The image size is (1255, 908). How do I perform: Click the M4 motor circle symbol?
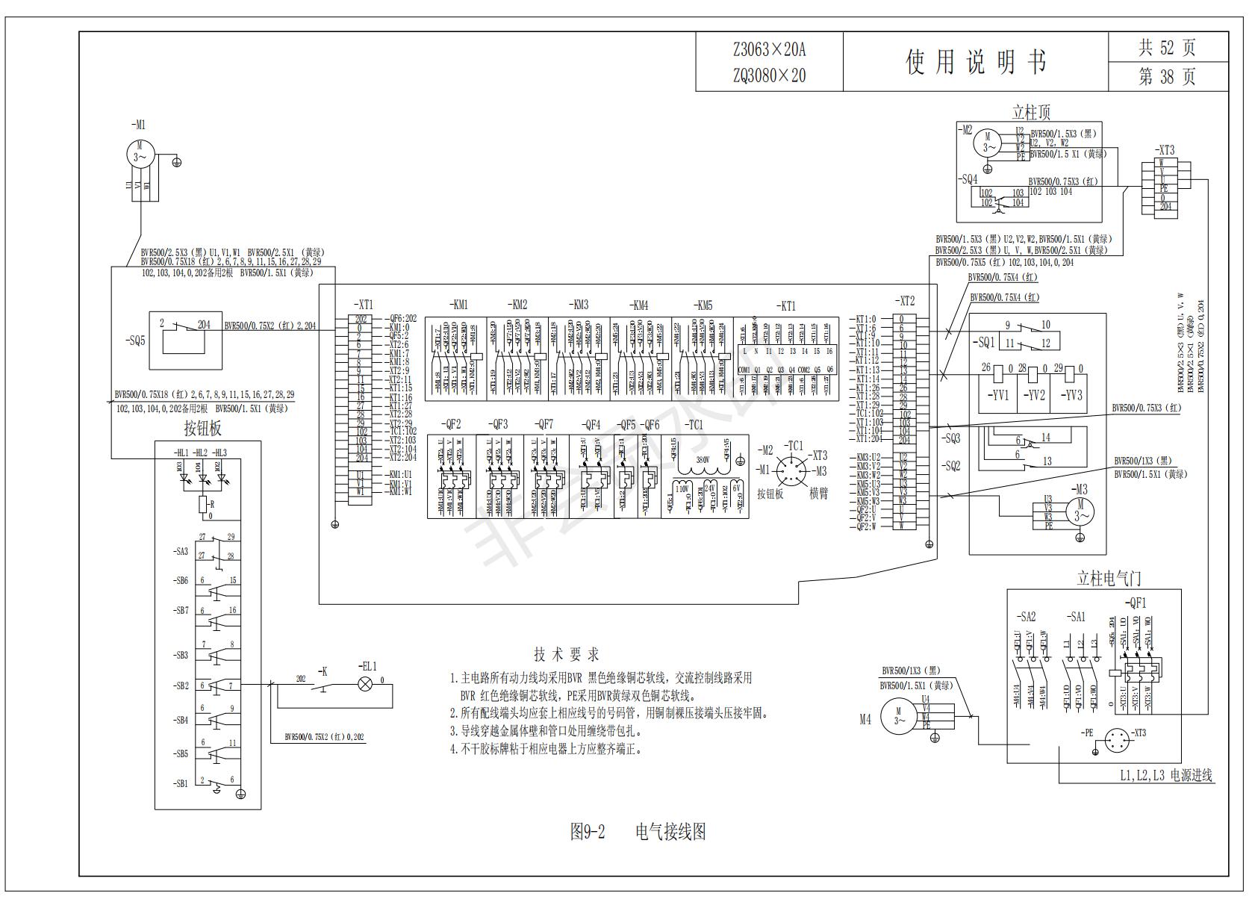coord(899,715)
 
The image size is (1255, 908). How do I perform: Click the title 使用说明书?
coord(976,62)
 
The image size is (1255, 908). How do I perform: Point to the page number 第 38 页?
coord(1167,77)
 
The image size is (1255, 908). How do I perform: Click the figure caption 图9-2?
coord(588,831)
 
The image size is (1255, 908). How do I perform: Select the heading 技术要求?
coord(567,655)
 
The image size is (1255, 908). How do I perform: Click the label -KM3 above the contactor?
coord(579,305)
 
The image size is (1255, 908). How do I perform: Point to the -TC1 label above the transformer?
coord(694,424)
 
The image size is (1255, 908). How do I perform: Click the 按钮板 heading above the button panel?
coord(203,429)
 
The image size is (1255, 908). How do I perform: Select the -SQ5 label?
coord(135,341)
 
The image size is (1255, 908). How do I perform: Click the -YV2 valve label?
coord(1034,395)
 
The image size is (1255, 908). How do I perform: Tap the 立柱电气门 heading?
coord(1109,578)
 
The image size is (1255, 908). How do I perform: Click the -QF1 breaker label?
coord(1135,603)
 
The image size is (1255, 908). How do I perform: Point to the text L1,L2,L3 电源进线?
coord(1166,776)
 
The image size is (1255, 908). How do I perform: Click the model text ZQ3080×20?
coord(769,75)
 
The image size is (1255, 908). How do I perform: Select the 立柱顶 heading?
coord(1031,113)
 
